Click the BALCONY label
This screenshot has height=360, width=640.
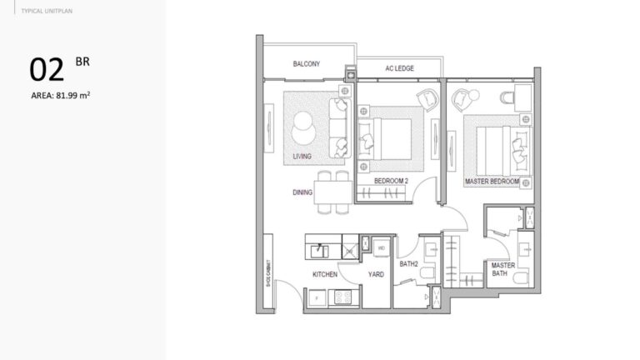click(x=306, y=64)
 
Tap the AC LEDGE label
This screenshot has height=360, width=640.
click(x=399, y=68)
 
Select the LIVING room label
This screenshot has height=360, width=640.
click(x=302, y=156)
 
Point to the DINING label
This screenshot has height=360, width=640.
click(x=302, y=192)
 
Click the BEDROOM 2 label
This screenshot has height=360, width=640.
click(x=390, y=181)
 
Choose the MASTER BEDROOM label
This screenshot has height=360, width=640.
click(x=491, y=181)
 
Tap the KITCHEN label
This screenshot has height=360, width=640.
click(x=324, y=273)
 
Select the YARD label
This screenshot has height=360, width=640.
click(x=376, y=273)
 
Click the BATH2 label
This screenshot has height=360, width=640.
click(x=408, y=265)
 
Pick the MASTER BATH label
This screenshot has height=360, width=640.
click(x=502, y=270)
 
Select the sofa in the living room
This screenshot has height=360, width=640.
click(x=338, y=128)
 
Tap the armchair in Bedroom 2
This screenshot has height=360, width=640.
click(x=427, y=98)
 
